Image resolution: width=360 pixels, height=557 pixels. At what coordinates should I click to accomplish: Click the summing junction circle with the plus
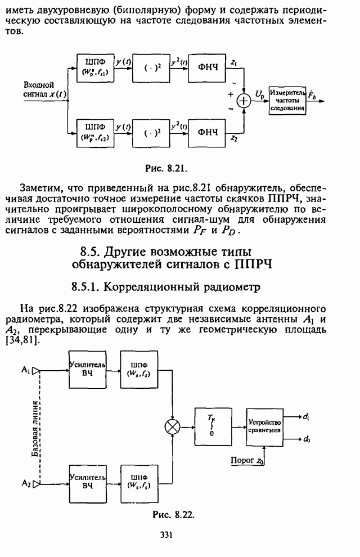pos(244,101)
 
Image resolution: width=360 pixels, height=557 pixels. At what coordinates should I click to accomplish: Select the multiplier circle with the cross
pos(171,427)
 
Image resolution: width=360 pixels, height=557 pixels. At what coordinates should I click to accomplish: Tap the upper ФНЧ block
pos(207,70)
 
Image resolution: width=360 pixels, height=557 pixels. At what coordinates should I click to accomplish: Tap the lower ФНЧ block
pos(207,132)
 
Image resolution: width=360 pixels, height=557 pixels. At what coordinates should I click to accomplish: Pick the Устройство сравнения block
pos(264,426)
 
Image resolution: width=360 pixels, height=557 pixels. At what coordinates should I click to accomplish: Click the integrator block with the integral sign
pos(212,426)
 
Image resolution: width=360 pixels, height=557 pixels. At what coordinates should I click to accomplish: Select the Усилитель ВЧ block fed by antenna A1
pos(87,371)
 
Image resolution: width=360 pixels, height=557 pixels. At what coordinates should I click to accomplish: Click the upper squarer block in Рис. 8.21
pos(150,70)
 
